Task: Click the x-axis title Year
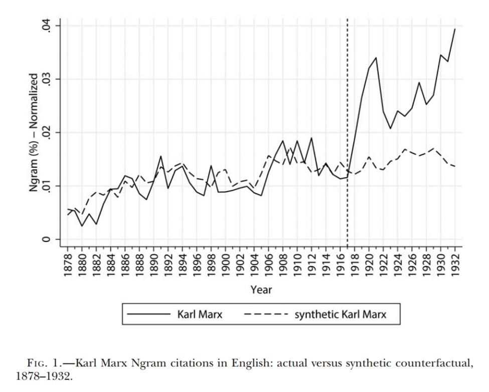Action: (x=261, y=290)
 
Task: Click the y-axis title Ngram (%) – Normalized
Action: (x=34, y=133)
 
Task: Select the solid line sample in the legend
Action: (x=150, y=315)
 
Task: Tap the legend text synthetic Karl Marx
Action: (x=340, y=315)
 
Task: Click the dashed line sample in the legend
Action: (x=266, y=315)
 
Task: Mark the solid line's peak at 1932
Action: (x=455, y=29)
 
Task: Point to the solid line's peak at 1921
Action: (x=376, y=58)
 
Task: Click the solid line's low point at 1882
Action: (x=96, y=224)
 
